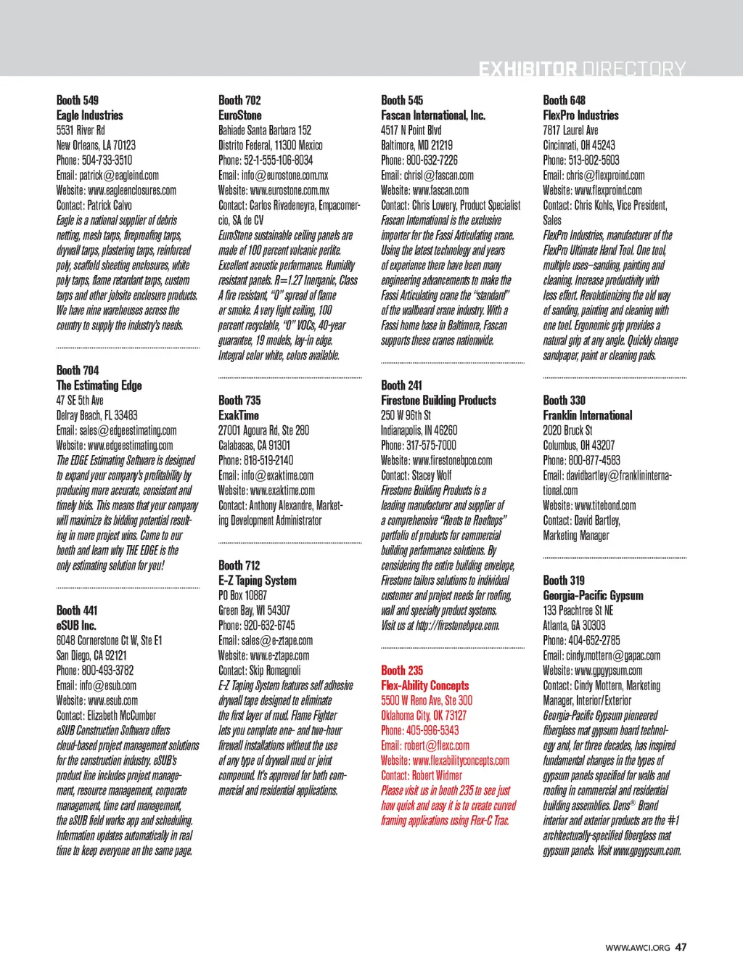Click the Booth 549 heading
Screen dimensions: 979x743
(78, 100)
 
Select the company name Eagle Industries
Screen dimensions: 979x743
(90, 115)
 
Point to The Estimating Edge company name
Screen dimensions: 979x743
(99, 385)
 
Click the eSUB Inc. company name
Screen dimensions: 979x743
(76, 626)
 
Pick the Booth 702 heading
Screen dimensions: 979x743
(239, 100)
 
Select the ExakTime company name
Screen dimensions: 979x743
(239, 416)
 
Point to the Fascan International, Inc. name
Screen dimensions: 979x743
(433, 115)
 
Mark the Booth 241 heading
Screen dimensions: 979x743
(401, 385)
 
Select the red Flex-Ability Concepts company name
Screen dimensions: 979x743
(425, 686)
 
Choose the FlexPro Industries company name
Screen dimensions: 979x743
(580, 115)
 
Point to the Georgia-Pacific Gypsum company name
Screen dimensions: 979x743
(593, 596)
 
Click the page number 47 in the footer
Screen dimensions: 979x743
(681, 947)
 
